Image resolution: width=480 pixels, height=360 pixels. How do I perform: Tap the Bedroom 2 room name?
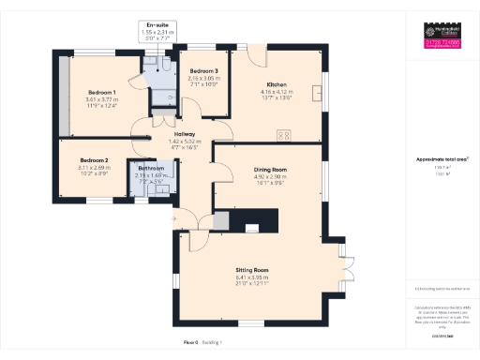click(95, 160)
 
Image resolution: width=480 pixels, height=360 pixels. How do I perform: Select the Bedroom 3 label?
click(203, 71)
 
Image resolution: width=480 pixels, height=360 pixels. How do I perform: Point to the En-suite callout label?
click(157, 26)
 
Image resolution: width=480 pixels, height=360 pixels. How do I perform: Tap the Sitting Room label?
click(251, 270)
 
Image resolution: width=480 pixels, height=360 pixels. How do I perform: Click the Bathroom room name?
click(150, 169)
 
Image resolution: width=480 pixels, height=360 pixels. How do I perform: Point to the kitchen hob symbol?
click(282, 136)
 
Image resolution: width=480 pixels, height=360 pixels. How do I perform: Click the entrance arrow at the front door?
click(173, 219)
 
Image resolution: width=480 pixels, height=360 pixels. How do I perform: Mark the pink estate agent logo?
click(442, 44)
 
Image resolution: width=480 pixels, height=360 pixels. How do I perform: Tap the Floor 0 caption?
click(190, 343)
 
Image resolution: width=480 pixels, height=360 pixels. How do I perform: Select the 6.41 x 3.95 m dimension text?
click(251, 277)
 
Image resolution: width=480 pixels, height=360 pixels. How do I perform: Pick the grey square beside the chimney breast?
click(221, 220)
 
